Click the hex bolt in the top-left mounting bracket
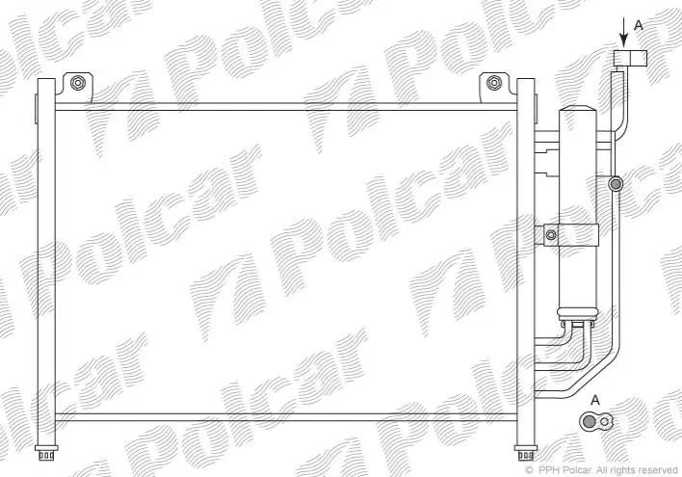(77, 82)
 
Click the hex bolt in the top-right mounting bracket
(493, 82)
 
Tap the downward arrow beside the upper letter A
(624, 32)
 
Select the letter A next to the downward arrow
(638, 25)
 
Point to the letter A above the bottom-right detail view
(595, 400)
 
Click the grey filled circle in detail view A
(589, 421)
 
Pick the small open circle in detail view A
(604, 421)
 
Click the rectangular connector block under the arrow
(630, 59)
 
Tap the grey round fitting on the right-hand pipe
(616, 184)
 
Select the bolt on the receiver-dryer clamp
(551, 235)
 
